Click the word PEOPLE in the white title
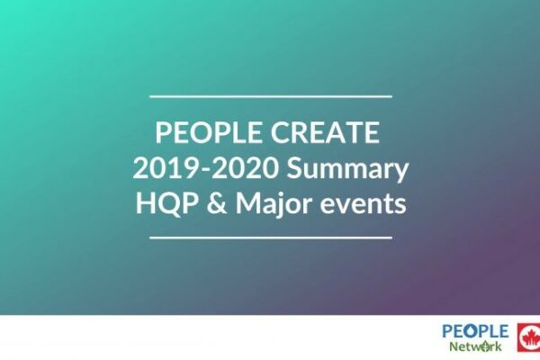click(209, 132)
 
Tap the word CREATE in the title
click(325, 132)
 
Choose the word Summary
click(347, 170)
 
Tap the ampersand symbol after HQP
click(217, 203)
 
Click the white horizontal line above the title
click(271, 96)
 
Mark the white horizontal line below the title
click(271, 238)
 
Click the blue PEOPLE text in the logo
click(475, 331)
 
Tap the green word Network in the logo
click(475, 346)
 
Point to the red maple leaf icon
click(529, 337)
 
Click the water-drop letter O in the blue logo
click(475, 331)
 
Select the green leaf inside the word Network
click(486, 346)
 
